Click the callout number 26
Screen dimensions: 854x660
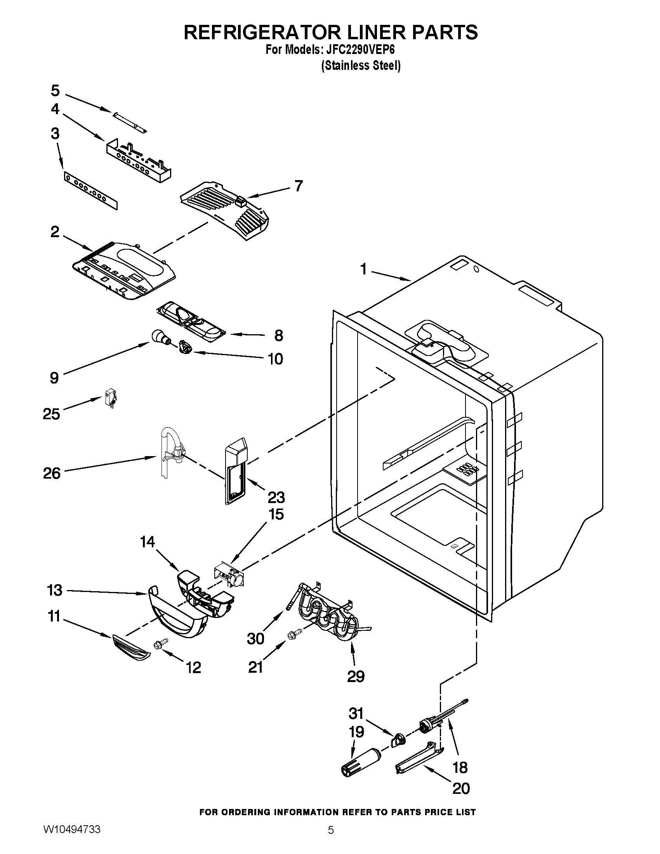[52, 473]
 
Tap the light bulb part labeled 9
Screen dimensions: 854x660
[158, 336]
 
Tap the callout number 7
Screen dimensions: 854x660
[298, 186]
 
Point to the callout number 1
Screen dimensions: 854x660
[364, 269]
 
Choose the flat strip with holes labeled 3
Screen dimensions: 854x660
[90, 192]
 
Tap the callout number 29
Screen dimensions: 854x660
[355, 676]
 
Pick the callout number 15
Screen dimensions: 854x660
[276, 514]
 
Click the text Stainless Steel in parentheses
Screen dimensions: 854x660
[361, 66]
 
